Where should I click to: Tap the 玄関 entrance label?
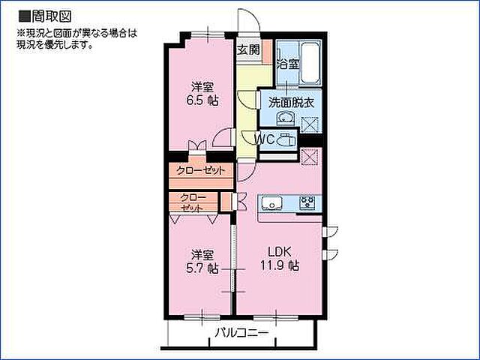(248, 50)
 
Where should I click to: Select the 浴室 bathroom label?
(289, 64)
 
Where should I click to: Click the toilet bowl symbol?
(286, 139)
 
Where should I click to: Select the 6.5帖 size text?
(202, 100)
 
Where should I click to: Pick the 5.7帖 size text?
(202, 267)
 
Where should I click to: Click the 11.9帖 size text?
(280, 265)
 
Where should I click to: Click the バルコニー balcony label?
(241, 332)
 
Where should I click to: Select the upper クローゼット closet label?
(201, 170)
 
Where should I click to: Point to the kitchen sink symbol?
(271, 202)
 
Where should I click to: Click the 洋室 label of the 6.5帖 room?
(202, 85)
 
